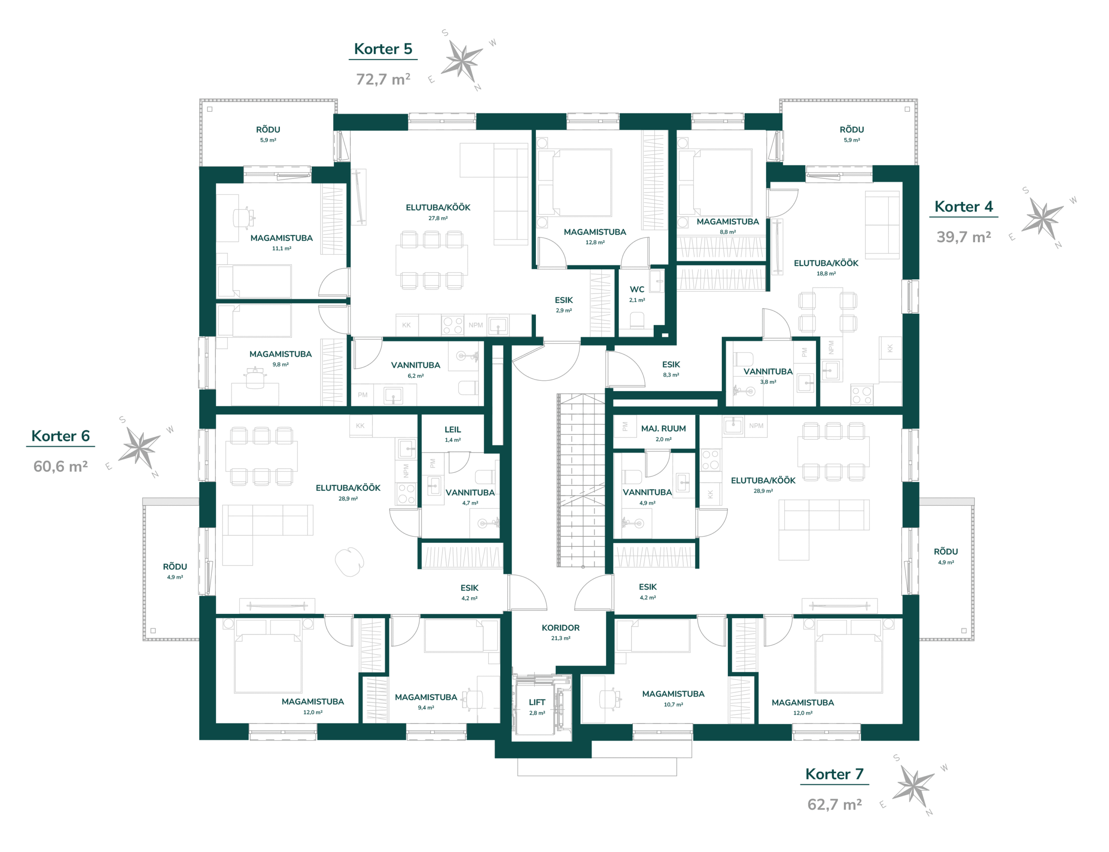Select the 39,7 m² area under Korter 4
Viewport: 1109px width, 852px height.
(x=963, y=237)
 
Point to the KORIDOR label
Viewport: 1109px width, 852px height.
(x=560, y=628)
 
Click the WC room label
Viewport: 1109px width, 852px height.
(x=637, y=290)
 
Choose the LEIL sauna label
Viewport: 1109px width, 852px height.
(x=453, y=430)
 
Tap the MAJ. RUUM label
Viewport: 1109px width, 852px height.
(x=663, y=428)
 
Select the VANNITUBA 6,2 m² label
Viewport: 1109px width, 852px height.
(x=416, y=370)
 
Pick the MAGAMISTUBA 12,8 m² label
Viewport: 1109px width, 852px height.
(x=595, y=236)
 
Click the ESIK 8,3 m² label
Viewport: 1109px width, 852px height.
(x=671, y=369)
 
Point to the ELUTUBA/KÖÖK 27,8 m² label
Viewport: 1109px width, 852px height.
(x=438, y=212)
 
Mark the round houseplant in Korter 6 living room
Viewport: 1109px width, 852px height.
(x=350, y=561)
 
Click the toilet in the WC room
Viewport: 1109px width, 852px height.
(x=637, y=320)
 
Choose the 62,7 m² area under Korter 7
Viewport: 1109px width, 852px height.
(x=835, y=804)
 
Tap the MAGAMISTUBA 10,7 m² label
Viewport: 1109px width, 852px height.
(x=673, y=698)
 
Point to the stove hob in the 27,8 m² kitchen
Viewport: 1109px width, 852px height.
(x=452, y=325)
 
